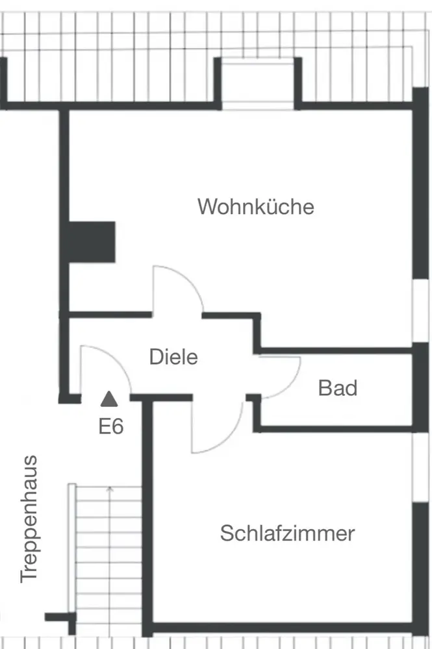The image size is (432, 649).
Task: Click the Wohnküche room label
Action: [x=256, y=207]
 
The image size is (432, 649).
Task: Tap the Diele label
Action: [x=173, y=357]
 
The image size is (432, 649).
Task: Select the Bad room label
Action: [x=338, y=388]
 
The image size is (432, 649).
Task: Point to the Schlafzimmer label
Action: [x=287, y=533]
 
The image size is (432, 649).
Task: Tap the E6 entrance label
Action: [x=111, y=426]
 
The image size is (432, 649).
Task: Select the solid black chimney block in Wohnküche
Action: [x=92, y=241]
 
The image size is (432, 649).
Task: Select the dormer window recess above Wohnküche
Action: [x=259, y=83]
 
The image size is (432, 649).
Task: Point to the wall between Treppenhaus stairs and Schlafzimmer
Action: [x=147, y=519]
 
